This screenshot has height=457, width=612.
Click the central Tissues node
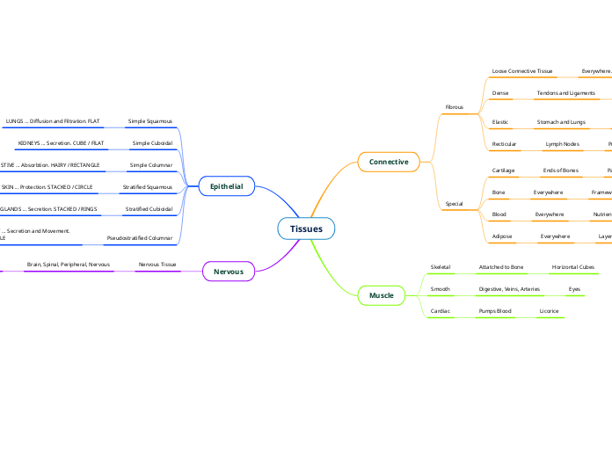click(306, 228)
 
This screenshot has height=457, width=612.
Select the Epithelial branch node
click(226, 186)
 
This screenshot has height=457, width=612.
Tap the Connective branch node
click(389, 162)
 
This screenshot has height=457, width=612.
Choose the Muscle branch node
click(382, 295)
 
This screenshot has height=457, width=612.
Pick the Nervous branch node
click(229, 272)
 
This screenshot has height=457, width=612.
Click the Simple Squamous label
click(150, 120)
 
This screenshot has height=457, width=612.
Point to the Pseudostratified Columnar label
click(139, 237)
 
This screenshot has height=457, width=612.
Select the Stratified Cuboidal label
click(149, 209)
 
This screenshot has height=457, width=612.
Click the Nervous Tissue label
click(157, 264)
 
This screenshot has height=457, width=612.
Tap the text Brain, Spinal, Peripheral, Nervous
click(69, 264)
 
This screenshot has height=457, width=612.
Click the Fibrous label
click(455, 106)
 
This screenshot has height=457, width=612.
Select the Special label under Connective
click(454, 204)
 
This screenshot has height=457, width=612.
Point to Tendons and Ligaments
click(566, 92)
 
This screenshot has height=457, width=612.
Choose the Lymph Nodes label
click(563, 143)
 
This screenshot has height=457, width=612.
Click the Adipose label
click(502, 236)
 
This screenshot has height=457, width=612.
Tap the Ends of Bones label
click(560, 170)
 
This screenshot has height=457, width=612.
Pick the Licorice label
click(549, 311)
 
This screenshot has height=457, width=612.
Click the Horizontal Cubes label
click(572, 266)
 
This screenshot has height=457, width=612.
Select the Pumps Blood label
click(495, 311)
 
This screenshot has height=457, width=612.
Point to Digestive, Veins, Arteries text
click(509, 288)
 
